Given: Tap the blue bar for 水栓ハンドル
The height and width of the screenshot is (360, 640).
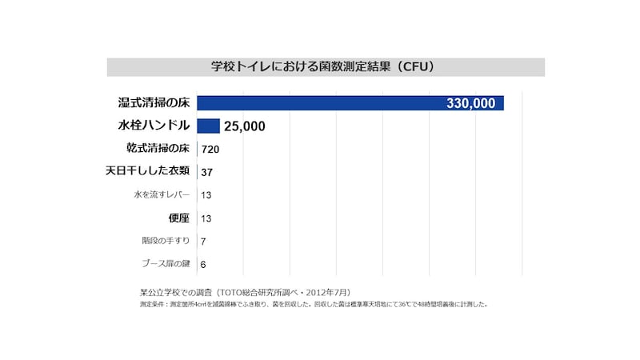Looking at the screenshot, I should pos(208,126).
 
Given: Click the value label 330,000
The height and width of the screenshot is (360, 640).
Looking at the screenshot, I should pos(472,103).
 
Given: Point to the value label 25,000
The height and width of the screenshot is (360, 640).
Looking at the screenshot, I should pos(245,126).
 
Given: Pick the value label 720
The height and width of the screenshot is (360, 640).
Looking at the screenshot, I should pos(210,149).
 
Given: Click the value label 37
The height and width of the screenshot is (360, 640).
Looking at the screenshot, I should pos(206,172).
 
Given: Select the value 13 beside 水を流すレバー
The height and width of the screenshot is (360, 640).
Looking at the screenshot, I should pos(206,195).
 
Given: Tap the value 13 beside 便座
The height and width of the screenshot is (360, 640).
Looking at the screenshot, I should pos(206,218).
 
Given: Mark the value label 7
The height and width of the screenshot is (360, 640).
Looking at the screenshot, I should pos(204,241).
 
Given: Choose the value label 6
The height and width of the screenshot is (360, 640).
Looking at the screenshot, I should pos(204,264).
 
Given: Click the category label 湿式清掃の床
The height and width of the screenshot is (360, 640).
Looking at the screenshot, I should pos(153,102).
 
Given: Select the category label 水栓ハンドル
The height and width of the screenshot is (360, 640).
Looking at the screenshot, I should pos(154,126).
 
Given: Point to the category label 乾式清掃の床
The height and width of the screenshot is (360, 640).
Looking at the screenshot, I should pos(158,148).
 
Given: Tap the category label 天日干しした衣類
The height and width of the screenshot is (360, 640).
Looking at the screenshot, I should pos(148,171).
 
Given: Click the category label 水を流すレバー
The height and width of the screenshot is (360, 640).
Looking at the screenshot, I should pos(162,194).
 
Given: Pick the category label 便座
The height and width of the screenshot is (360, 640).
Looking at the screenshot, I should pos(178,218).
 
